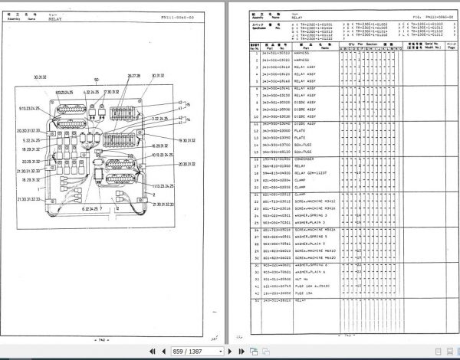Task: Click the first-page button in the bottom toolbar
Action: [152, 351]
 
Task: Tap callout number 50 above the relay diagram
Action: [96, 80]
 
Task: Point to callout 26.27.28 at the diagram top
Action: [133, 77]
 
